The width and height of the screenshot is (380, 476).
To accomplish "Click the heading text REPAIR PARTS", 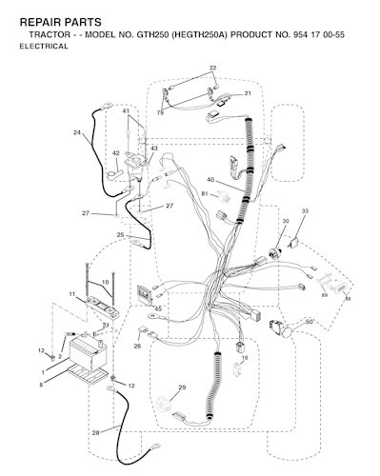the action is pos(61,22).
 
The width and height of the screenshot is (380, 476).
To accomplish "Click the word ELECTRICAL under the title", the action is pos(44,47).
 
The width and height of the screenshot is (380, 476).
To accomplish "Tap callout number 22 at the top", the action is pos(212,68).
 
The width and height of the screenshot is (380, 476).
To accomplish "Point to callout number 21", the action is pos(248,93).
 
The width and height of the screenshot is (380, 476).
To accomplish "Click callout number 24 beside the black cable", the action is pos(77,132).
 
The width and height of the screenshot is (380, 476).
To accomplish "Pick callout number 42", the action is pos(116,153).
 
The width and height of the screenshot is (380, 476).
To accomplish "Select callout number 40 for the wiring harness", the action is pos(210,180).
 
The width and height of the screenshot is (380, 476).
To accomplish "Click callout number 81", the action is pos(205,193).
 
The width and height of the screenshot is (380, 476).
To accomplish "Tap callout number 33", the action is pos(305,210).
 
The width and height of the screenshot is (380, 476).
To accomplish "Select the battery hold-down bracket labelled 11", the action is pos(104,307).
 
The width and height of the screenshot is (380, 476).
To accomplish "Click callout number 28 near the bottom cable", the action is pos(95,432).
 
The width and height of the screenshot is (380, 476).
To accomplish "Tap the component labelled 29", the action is pos(164,404).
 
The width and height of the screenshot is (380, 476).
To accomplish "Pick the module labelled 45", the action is pos(145,295).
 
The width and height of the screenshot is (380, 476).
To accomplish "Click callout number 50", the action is pos(310,322).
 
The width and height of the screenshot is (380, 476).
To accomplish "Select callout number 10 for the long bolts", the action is pos(105,282).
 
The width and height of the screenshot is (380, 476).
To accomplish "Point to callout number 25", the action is pos(120,235).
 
